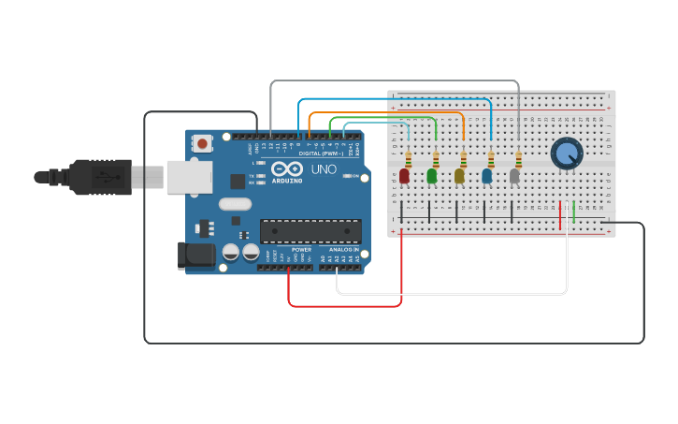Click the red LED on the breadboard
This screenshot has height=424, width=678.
click(404, 175)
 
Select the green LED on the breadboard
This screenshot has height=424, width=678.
click(432, 175)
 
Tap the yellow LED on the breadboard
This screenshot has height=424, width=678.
click(459, 175)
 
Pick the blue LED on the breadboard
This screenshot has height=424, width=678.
click(486, 175)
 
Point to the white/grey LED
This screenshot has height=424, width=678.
click(514, 175)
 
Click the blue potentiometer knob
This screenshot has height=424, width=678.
click(566, 153)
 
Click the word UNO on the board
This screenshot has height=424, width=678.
click(323, 169)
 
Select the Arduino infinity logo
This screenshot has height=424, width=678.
click(287, 168)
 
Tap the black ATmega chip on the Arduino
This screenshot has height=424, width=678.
click(310, 230)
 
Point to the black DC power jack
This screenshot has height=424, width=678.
click(192, 256)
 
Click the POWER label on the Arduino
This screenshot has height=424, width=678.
click(301, 250)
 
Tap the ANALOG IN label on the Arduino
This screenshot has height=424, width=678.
click(342, 250)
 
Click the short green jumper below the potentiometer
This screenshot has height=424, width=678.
click(573, 214)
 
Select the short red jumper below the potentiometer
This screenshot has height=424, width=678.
click(560, 214)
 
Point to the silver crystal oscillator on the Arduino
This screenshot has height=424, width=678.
click(236, 203)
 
